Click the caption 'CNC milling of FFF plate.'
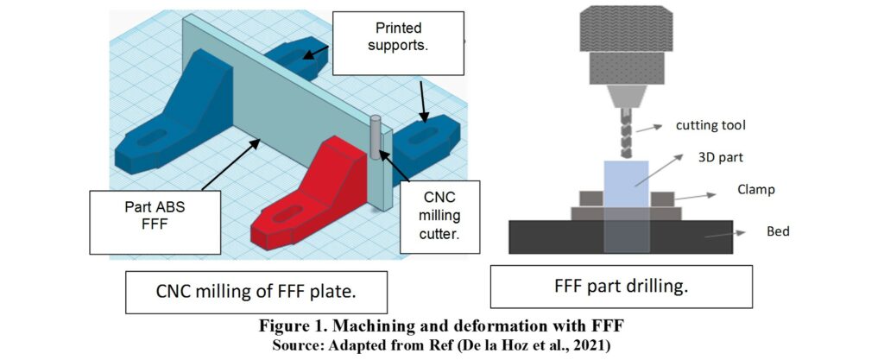coord(256,294)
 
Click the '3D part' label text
coord(712,156)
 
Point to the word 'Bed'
coord(777,231)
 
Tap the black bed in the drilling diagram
coord(552,237)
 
